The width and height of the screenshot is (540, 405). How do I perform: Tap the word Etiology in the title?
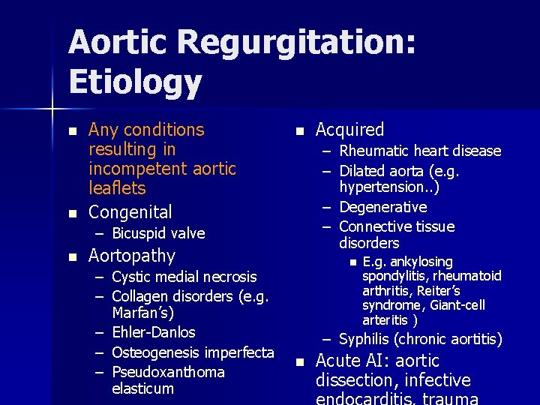135,82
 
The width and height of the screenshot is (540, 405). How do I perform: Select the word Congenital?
130,212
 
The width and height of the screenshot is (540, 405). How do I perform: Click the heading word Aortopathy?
132,256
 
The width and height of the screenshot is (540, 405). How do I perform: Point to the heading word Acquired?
350,130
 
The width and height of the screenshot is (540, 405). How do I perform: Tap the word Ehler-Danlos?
153,332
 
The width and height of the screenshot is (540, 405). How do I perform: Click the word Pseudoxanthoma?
168,373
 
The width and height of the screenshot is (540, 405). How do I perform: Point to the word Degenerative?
382,207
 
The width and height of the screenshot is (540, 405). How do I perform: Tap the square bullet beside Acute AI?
299,361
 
